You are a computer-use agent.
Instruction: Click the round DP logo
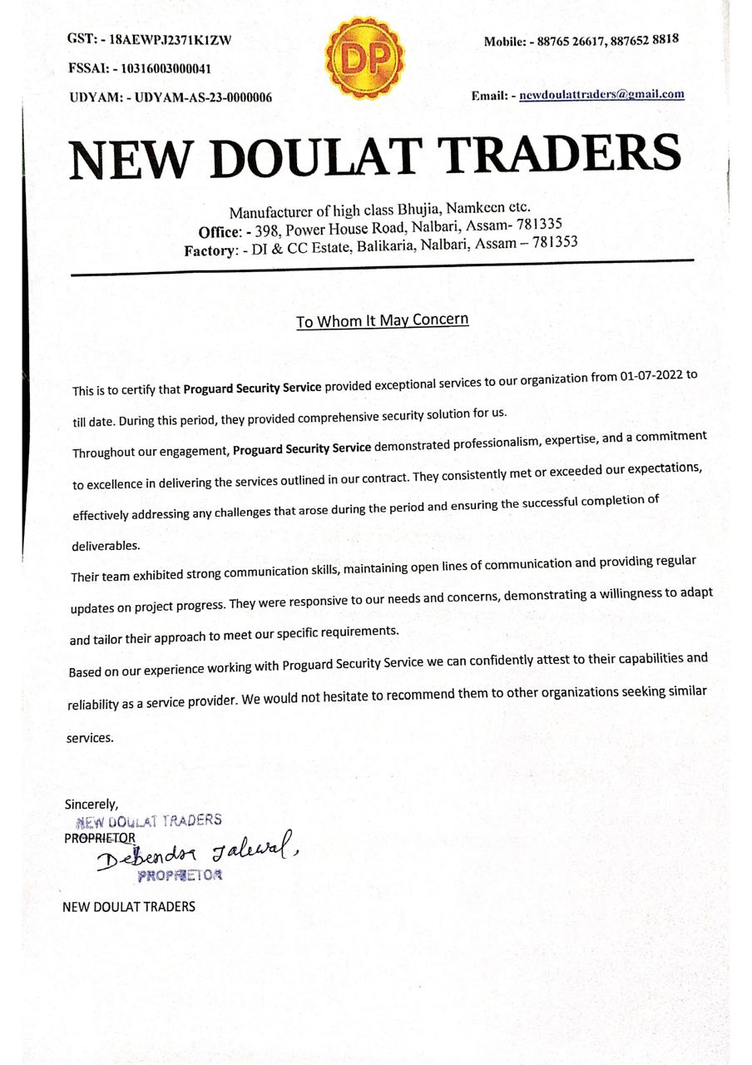coord(364,57)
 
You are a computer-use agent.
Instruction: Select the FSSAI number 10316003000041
coord(161,68)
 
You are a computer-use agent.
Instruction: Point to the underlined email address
coord(601,94)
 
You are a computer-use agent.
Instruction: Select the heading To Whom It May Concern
coord(382,320)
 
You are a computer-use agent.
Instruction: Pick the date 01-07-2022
coord(651,376)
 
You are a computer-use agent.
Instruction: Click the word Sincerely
coord(92,805)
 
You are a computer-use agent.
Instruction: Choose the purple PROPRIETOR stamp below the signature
coord(180,875)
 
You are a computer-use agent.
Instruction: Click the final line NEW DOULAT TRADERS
coord(129,906)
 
